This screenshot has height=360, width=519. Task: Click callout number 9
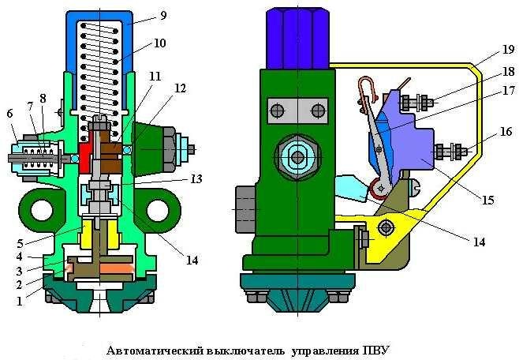click(x=162, y=14)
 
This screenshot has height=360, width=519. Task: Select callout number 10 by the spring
click(x=160, y=43)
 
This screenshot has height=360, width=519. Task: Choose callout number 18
click(x=483, y=71)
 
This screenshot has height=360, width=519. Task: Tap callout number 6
click(x=9, y=113)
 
